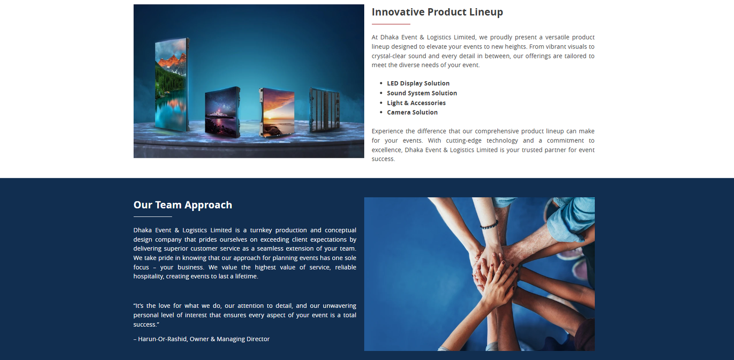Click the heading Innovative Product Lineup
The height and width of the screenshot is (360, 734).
pos(437,12)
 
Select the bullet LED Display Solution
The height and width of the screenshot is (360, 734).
pos(418,83)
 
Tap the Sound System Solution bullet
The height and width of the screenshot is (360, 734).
pos(422,93)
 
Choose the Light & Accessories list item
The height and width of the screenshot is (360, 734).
pos(416,103)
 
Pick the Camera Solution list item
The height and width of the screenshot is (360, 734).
pos(412,112)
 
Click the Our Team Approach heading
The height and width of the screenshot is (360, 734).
pos(183,205)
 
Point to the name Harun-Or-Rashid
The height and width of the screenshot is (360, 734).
pos(162,339)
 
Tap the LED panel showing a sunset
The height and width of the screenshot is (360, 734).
pos(277,112)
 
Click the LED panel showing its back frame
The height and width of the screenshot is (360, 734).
pos(324,110)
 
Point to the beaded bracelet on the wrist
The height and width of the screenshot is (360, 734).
pos(489,225)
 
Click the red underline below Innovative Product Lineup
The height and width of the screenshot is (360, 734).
pos(391,24)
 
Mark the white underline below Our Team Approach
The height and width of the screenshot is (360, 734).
pos(153,216)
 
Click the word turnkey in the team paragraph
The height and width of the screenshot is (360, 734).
pos(261,230)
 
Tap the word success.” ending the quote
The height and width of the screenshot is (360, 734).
pos(146,325)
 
